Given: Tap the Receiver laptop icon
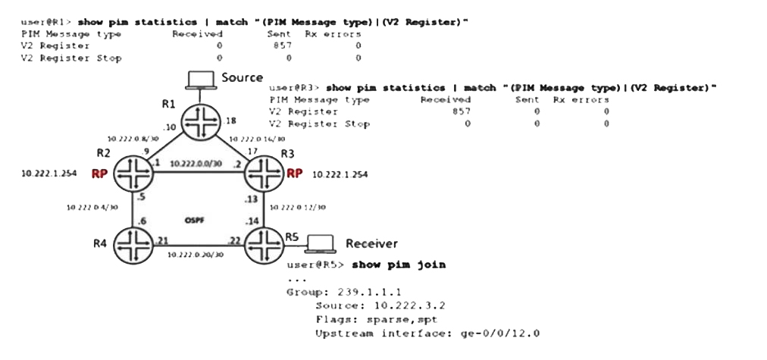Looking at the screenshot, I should click(x=320, y=243).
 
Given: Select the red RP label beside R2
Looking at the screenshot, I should click(x=99, y=174).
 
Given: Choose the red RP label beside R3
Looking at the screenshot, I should click(x=295, y=174).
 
